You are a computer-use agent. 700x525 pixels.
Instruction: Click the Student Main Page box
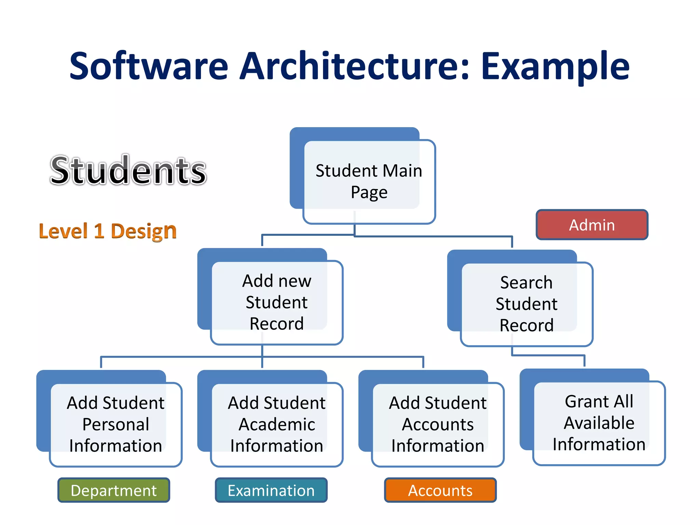coord(369,181)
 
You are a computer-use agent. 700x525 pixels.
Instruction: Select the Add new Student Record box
coord(277,302)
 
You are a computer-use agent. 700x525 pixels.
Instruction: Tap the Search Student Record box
coord(526,304)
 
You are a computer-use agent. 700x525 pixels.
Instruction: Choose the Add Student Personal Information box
coord(116,424)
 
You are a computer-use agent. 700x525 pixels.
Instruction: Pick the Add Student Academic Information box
coord(277,424)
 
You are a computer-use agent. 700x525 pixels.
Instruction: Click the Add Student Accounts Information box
coord(437,424)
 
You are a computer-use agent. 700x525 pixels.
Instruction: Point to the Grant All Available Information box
coord(599,423)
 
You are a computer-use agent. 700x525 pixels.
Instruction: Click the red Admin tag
coord(592,225)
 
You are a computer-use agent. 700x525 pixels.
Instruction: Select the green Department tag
coord(113,490)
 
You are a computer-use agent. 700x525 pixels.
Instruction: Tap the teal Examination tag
coord(271,490)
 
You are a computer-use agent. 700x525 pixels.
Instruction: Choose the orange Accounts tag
coord(440,490)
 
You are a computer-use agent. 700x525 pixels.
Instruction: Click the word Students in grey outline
coord(128,170)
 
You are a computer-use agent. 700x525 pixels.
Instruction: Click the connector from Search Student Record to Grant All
coord(549,355)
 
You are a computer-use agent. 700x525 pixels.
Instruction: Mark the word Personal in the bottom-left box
coord(116,424)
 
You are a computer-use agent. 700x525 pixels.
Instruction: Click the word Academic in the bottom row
coord(277,424)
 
